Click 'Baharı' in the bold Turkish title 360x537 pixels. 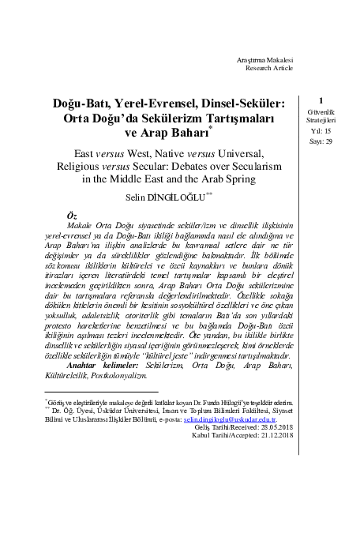coord(187,133)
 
